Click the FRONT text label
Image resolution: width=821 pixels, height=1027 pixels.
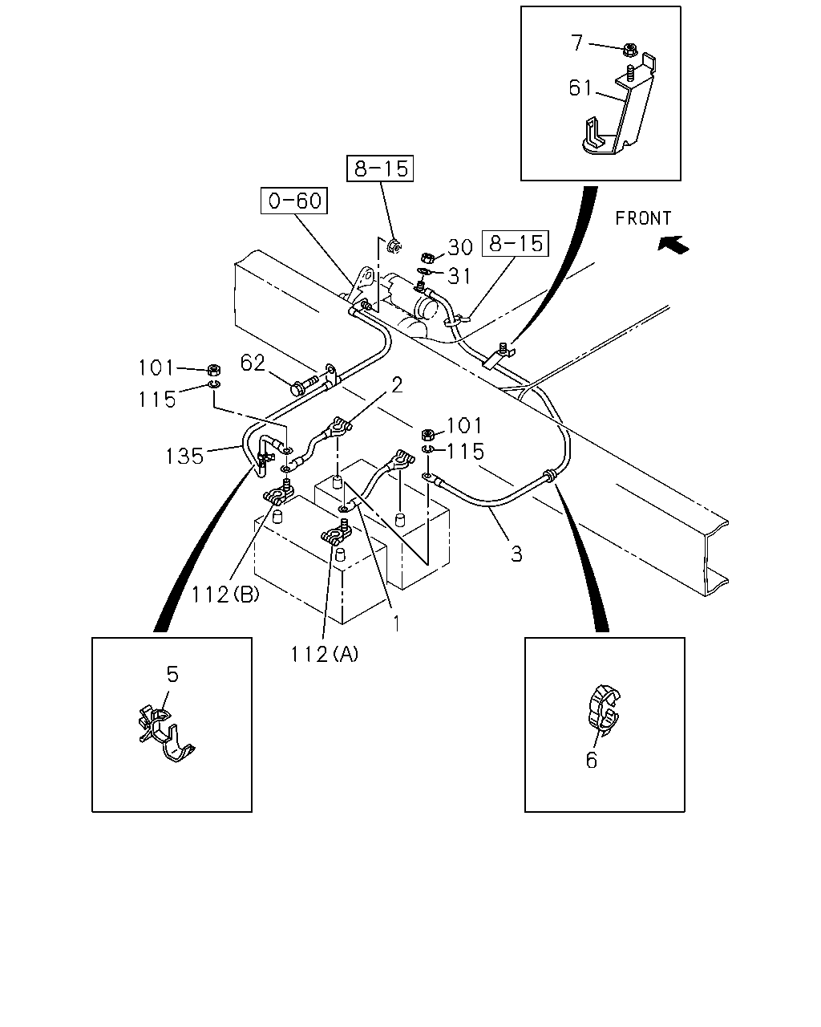coord(642,218)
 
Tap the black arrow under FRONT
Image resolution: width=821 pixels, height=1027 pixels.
coord(673,245)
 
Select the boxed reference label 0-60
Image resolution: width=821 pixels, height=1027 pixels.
coord(294,201)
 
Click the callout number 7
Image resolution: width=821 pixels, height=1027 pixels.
coord(577,43)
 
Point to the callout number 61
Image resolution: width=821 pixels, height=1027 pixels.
coord(580,88)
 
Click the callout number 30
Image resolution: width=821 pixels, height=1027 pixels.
coord(460,247)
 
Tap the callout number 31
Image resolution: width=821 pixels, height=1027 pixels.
coord(459,276)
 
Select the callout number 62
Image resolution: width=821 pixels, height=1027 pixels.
coord(253,363)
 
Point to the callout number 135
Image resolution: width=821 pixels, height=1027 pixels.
coord(184,456)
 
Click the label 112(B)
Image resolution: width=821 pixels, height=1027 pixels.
coord(225,595)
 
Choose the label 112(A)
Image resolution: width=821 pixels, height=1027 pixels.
coord(325,654)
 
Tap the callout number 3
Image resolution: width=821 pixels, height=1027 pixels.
coord(516,554)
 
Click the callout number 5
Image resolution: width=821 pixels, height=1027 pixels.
coord(172,674)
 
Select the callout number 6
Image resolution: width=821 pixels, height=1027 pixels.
coord(592,761)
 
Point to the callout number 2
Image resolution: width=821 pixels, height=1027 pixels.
coord(397,384)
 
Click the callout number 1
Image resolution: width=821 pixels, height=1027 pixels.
coord(396,623)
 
